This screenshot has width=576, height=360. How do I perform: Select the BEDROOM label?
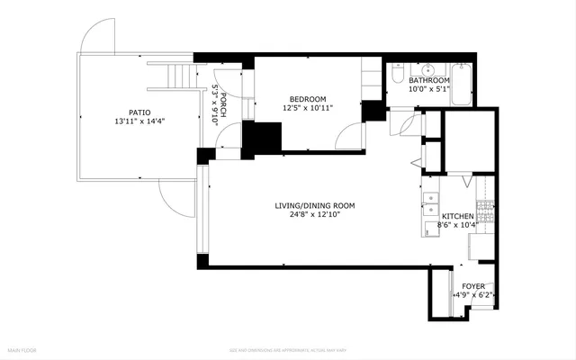pyautogui.click(x=307, y=98)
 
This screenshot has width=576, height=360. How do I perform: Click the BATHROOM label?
pyautogui.click(x=429, y=80)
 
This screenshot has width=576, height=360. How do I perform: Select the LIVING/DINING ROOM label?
pyautogui.click(x=315, y=206)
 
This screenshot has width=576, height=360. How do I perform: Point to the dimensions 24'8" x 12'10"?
pyautogui.click(x=315, y=216)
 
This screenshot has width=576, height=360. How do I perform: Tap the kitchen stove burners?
pyautogui.click(x=484, y=214)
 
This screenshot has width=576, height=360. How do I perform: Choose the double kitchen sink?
pyautogui.click(x=428, y=202)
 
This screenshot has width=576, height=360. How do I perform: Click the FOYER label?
pyautogui.click(x=472, y=285)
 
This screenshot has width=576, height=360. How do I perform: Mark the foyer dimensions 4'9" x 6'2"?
pyautogui.click(x=473, y=294)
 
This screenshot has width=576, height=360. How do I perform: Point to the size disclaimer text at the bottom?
pyautogui.click(x=288, y=349)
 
